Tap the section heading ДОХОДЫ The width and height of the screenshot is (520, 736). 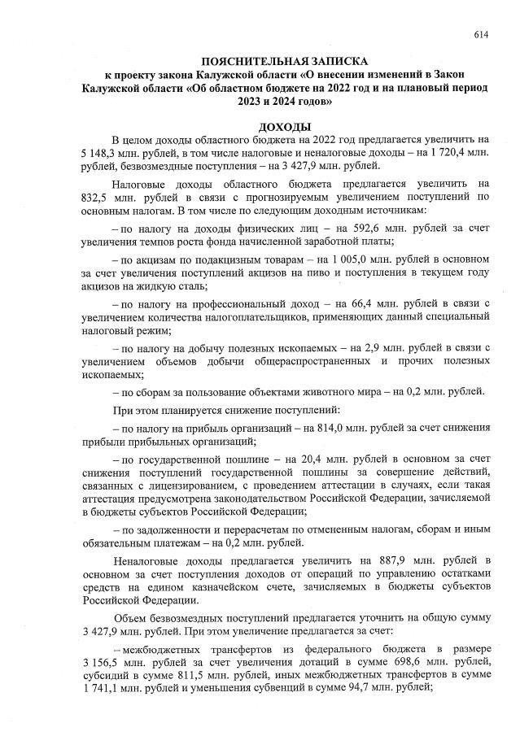[284, 127]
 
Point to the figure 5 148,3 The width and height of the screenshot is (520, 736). [98, 153]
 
